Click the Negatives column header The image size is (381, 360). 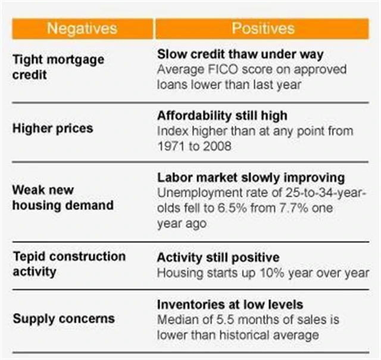click(x=82, y=28)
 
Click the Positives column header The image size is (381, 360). click(x=263, y=28)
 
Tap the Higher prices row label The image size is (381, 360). click(x=52, y=129)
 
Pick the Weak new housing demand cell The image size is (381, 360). click(x=63, y=197)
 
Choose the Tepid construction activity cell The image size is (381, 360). click(x=68, y=263)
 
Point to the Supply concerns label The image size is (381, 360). click(x=59, y=318)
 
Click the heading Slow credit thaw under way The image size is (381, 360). click(x=240, y=54)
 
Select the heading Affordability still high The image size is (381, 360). click(x=222, y=115)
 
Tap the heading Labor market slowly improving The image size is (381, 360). click(x=251, y=178)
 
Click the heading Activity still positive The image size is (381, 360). click(x=218, y=257)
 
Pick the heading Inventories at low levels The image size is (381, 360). click(x=230, y=305)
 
